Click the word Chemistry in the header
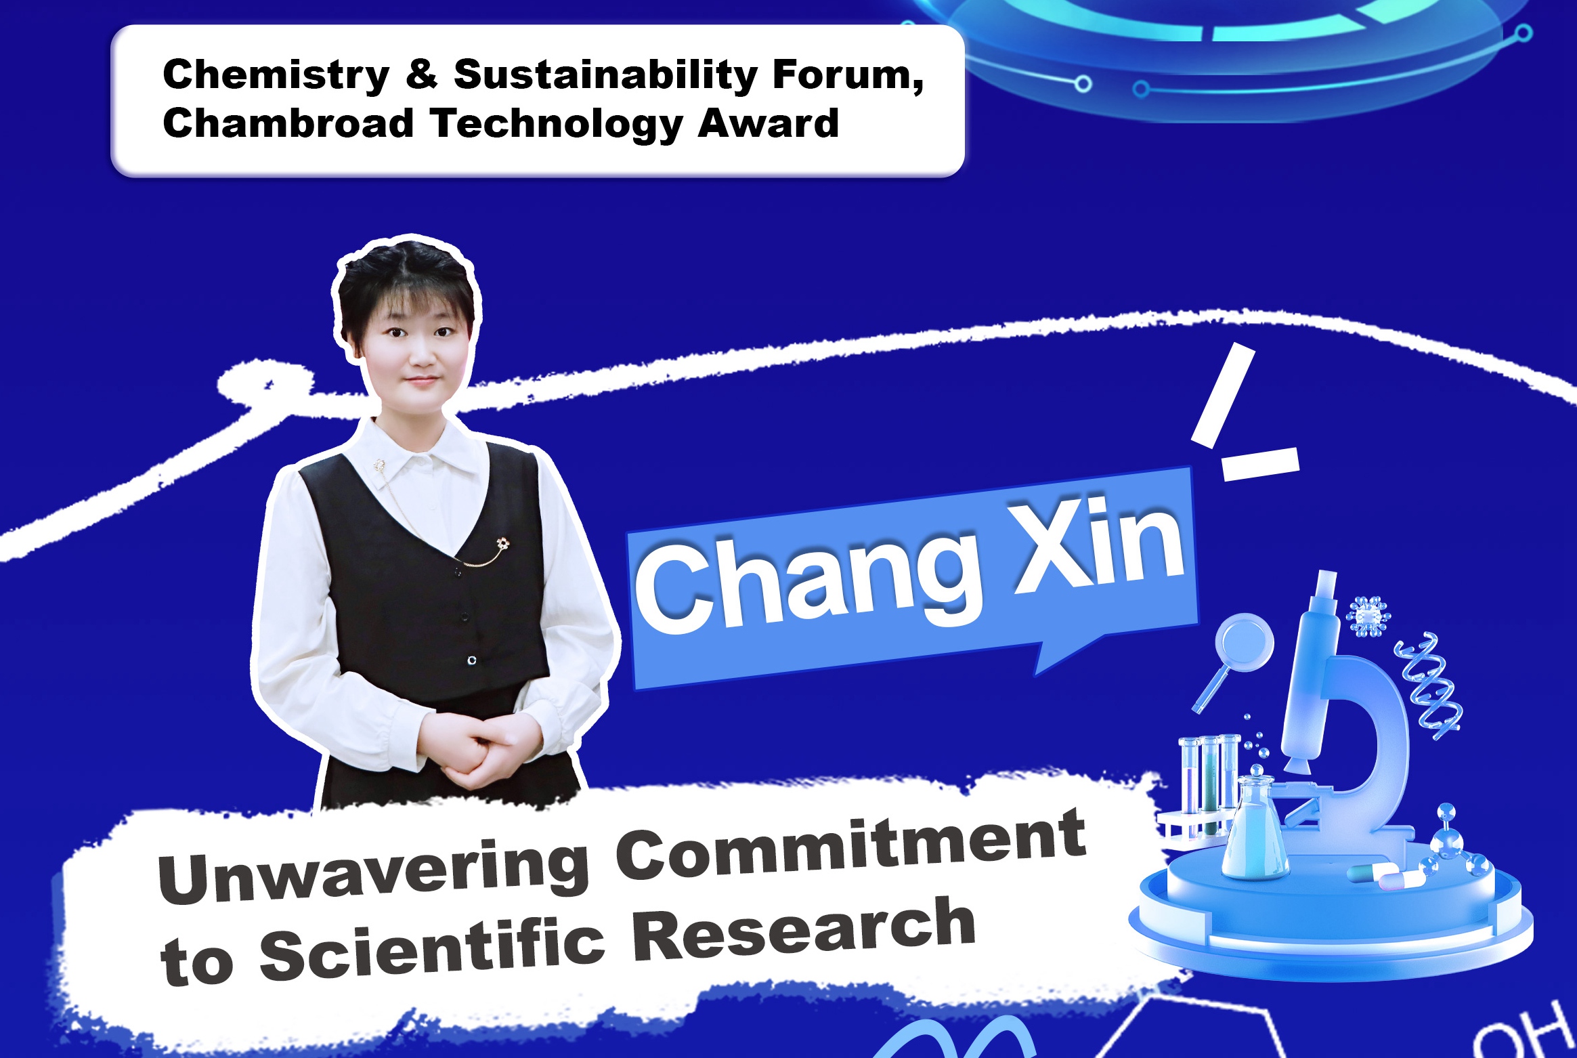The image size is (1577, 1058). [276, 76]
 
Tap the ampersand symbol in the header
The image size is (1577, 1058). [421, 74]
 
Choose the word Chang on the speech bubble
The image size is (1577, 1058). [809, 583]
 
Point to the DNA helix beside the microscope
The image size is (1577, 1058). [1427, 686]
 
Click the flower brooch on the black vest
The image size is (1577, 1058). [502, 543]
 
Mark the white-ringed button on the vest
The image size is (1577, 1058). [472, 660]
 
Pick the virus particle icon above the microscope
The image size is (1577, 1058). [1368, 616]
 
